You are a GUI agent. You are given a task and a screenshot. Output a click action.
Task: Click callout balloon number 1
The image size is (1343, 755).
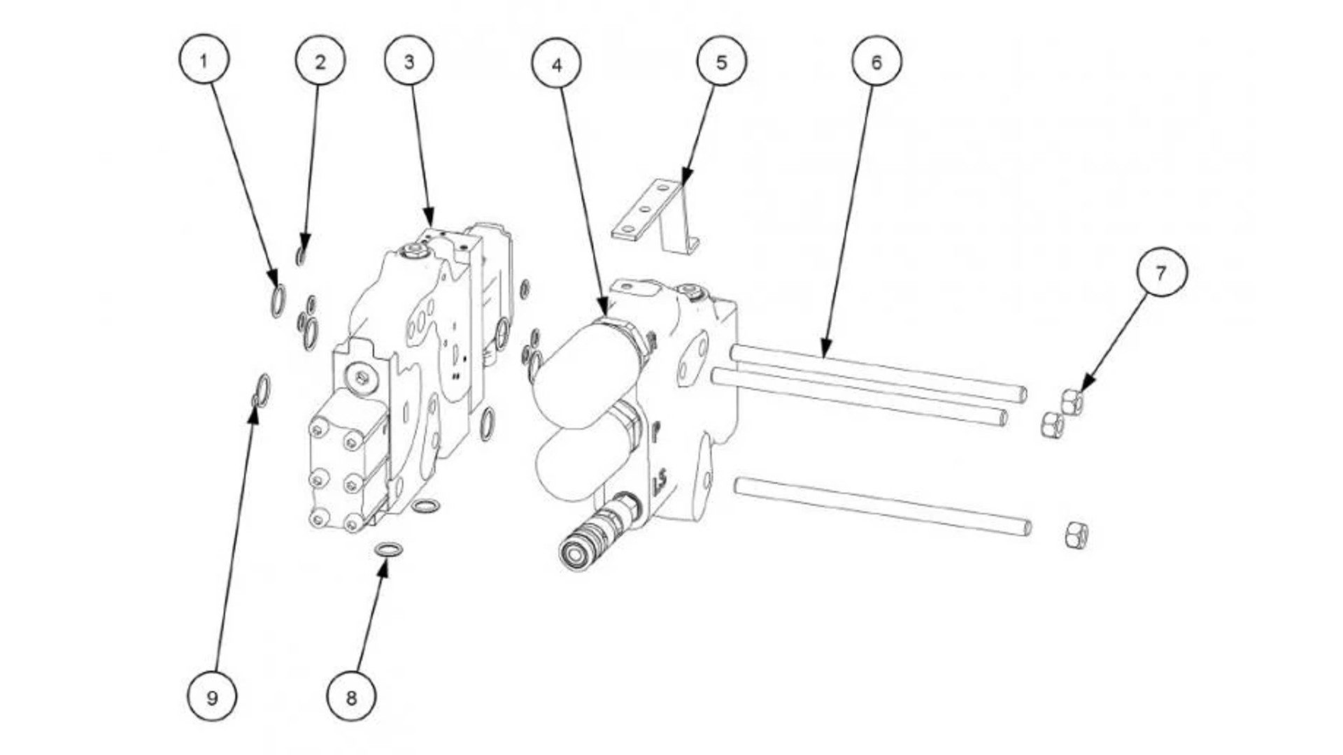pos(204,61)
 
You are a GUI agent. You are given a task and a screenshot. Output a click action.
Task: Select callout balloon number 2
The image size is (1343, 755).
pos(320,62)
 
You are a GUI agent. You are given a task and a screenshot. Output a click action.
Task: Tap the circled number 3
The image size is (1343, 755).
pos(409,62)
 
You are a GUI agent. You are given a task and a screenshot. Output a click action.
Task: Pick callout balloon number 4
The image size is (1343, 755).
pos(557,64)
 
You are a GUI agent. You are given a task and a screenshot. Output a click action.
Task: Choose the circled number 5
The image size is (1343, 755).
pos(721,62)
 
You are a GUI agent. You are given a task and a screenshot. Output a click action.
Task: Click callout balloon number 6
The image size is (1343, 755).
pos(876,62)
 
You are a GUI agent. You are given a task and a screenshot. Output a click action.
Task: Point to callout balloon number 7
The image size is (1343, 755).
pos(1162,271)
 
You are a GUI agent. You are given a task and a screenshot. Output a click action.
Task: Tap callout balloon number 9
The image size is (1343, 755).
pos(212,696)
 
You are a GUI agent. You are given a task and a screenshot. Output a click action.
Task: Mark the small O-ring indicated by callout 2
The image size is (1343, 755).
pos(301,257)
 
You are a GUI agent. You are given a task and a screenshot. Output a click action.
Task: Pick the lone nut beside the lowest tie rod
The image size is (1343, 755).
pos(1076,535)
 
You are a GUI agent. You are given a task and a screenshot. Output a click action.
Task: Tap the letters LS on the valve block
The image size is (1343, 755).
pos(659,482)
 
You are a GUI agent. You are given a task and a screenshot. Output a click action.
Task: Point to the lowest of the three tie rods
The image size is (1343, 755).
pos(883,506)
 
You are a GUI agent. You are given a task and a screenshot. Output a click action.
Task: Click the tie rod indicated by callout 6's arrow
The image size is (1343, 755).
pos(878,373)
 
